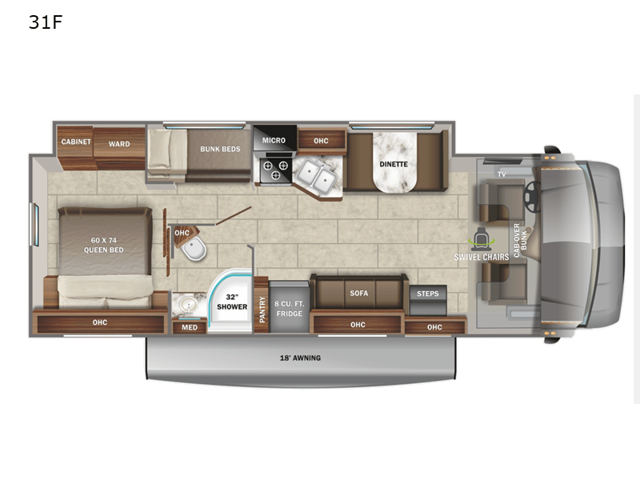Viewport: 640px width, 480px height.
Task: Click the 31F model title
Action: click(x=46, y=22)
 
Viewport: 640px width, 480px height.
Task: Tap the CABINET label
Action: click(x=77, y=142)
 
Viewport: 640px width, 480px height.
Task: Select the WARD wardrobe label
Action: click(x=119, y=144)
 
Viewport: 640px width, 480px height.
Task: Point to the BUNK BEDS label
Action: click(x=220, y=149)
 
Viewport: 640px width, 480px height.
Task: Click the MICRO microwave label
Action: click(x=274, y=140)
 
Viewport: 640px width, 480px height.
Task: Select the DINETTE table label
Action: click(x=393, y=164)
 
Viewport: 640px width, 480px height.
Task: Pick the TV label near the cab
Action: click(x=502, y=174)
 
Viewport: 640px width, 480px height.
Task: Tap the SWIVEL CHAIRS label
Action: click(x=482, y=257)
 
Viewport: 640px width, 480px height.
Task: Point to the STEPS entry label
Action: click(x=428, y=294)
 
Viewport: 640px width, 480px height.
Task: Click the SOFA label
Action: click(x=358, y=293)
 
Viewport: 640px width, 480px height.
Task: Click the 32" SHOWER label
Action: click(x=232, y=302)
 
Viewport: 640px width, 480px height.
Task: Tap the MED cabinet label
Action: click(x=189, y=326)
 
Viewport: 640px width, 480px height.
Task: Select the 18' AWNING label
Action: click(x=301, y=358)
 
